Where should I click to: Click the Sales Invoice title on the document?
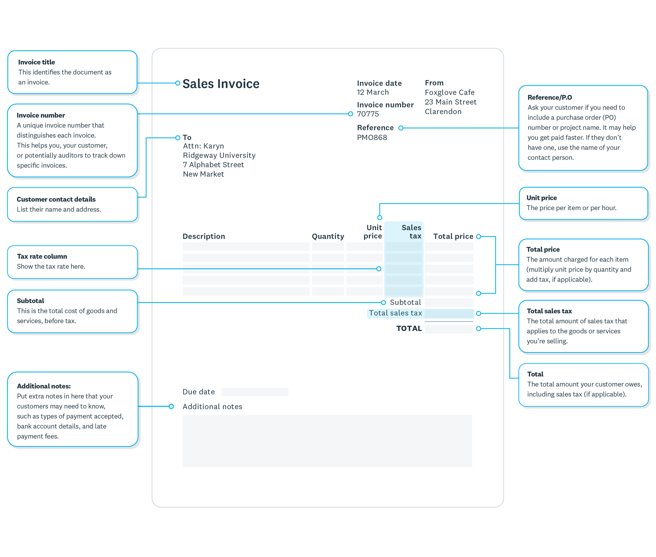point(221,84)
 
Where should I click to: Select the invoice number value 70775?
point(368,114)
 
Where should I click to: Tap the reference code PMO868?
point(372,137)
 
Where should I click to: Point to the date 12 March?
point(373,92)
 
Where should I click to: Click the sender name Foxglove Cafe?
point(449,92)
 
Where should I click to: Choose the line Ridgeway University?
point(219,155)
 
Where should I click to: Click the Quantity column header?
point(328,236)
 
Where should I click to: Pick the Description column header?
point(204,236)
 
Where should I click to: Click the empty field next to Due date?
point(255,392)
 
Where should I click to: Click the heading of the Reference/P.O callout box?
point(550,97)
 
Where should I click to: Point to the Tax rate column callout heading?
point(42,256)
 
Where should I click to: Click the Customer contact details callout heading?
point(56,199)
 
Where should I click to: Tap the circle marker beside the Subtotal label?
point(383,303)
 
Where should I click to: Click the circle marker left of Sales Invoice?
point(178,83)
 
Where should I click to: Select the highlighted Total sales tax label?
point(395,313)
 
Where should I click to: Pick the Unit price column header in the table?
point(373,232)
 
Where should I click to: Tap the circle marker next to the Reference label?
point(401,128)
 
